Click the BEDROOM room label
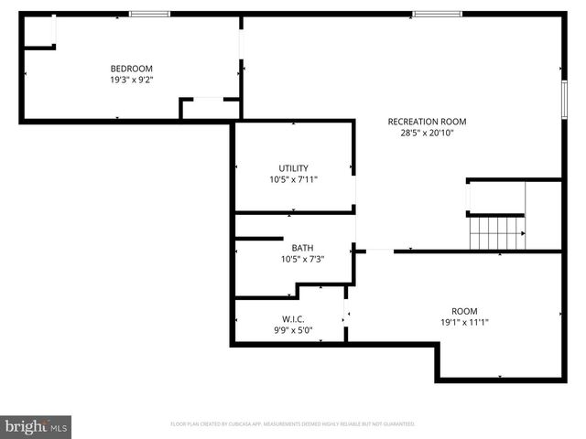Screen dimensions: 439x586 [x=131, y=69]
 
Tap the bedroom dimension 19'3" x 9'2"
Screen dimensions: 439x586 [x=131, y=80]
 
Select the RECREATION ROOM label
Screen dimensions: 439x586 [x=427, y=122]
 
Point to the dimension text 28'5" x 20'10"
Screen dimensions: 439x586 [x=427, y=133]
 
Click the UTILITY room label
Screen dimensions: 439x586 [x=293, y=168]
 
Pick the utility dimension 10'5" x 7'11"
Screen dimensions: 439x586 [x=293, y=179]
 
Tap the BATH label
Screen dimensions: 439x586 [x=302, y=248]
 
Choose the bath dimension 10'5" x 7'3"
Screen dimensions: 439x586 [x=302, y=259]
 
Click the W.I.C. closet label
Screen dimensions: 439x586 [x=293, y=319]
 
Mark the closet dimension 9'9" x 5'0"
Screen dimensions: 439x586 [x=293, y=330]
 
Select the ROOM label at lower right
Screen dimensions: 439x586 [x=464, y=311]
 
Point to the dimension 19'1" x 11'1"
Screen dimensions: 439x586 [x=464, y=322]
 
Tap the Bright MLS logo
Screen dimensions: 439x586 [x=36, y=426]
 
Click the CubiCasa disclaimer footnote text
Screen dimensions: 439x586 [x=293, y=424]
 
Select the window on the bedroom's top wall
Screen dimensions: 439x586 [x=149, y=14]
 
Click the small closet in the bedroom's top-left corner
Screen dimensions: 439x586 [x=39, y=32]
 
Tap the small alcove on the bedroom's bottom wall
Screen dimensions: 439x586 [x=210, y=108]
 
